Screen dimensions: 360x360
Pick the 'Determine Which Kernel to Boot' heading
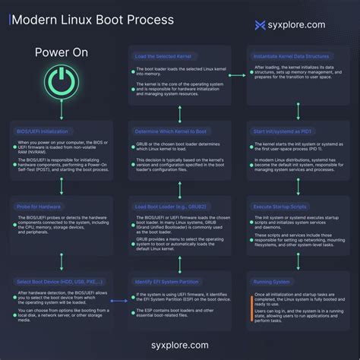point(170,131)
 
